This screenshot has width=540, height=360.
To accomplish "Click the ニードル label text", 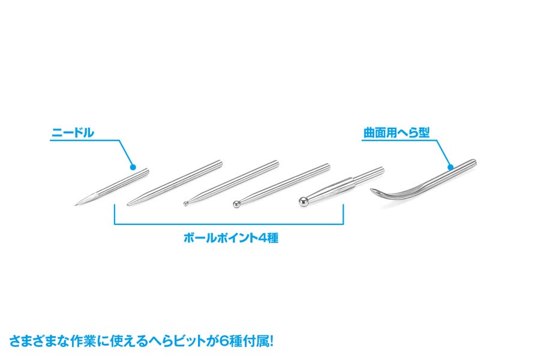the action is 73,133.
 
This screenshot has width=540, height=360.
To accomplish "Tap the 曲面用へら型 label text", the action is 397,133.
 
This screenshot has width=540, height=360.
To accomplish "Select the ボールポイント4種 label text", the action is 231,238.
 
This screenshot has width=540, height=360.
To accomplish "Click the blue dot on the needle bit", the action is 133,167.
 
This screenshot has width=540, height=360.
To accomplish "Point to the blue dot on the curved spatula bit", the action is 451,167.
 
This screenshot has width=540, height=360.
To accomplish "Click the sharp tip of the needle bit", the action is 74,206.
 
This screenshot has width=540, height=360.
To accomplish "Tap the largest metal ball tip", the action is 304,202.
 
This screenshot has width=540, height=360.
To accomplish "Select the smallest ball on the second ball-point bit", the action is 185,203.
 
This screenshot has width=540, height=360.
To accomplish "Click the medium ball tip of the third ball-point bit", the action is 236,204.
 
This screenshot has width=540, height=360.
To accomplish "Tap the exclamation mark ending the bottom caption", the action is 271,342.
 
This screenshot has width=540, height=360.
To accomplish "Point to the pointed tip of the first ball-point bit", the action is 128,205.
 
